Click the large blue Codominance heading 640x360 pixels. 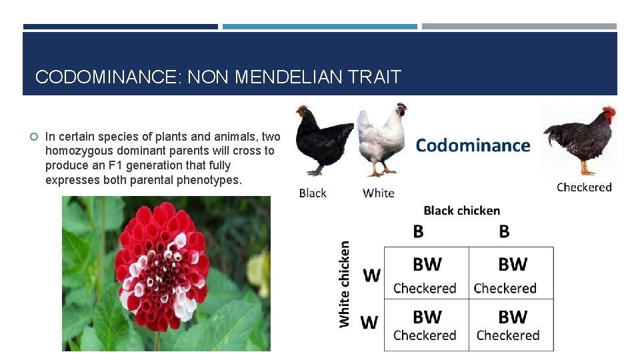(x=473, y=145)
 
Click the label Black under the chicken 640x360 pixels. (x=313, y=193)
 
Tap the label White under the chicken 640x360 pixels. (x=379, y=193)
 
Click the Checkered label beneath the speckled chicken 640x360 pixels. (x=584, y=187)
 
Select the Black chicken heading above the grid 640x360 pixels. (x=461, y=211)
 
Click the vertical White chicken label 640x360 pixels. (x=345, y=283)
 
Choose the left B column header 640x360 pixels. (x=418, y=231)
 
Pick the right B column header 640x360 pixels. (x=504, y=231)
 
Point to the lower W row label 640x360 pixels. (x=369, y=323)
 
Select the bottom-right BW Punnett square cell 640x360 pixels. (x=511, y=325)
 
